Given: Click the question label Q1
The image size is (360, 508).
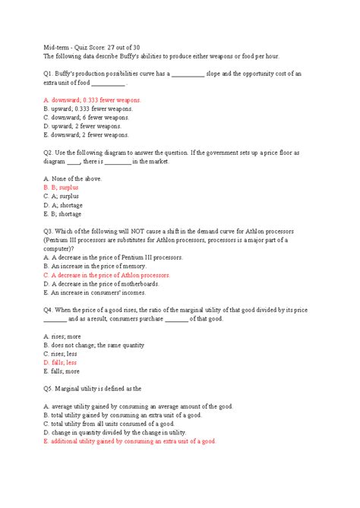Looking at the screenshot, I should [49, 74].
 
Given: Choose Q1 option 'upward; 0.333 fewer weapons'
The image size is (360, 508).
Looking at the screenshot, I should [87, 109].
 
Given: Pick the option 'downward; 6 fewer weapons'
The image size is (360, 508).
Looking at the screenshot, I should [86, 118].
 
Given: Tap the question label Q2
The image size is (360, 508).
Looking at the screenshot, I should [49, 153].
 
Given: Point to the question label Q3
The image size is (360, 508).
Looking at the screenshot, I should [49, 231].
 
